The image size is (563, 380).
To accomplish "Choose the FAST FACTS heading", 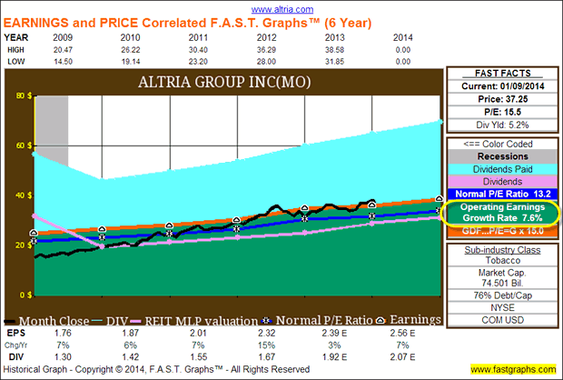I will [499, 73].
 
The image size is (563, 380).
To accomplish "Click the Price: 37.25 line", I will [499, 98].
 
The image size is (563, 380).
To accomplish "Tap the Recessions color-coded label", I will [499, 156].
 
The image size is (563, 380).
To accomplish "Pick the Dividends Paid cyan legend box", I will [499, 169].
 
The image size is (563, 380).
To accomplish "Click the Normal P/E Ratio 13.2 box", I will [499, 194].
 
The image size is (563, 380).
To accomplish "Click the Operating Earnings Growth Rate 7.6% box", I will [499, 213].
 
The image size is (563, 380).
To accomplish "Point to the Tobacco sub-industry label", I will [499, 260].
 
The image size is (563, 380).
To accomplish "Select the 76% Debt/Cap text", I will [499, 294].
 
